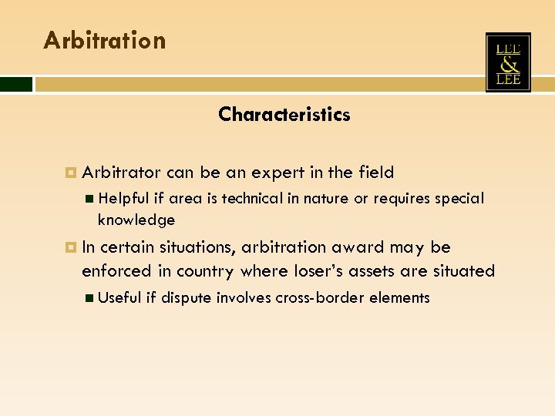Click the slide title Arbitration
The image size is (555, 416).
(x=105, y=40)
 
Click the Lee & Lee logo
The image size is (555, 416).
(x=508, y=62)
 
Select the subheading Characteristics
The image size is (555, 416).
(x=284, y=115)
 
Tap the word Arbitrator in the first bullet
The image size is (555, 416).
(x=121, y=173)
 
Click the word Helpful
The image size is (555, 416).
(x=126, y=199)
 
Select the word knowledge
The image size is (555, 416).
(x=136, y=220)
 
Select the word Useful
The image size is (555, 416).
(x=120, y=297)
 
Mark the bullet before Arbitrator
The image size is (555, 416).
(x=72, y=173)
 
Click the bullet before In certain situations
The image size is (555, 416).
(x=72, y=247)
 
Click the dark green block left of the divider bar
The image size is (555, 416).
(x=16, y=83)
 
